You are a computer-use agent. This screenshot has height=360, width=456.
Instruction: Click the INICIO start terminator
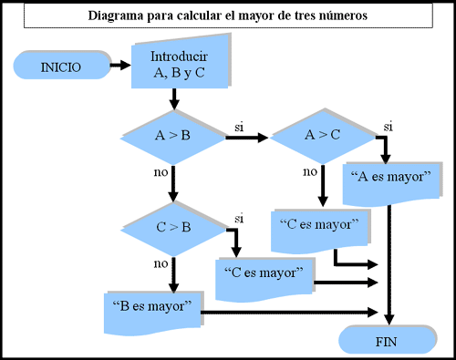pos(60,67)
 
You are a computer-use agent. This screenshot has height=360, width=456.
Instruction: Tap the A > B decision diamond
pos(172,138)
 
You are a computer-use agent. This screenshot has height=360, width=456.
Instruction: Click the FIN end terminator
pos(384,342)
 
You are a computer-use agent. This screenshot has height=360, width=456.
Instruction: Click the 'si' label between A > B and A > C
pos(240,127)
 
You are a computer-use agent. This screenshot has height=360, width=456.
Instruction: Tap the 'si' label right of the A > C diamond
pos(388,125)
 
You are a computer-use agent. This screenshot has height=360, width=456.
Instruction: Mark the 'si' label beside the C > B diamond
pos(239,219)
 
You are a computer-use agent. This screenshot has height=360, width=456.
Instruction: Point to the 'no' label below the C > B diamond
pos(161,264)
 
